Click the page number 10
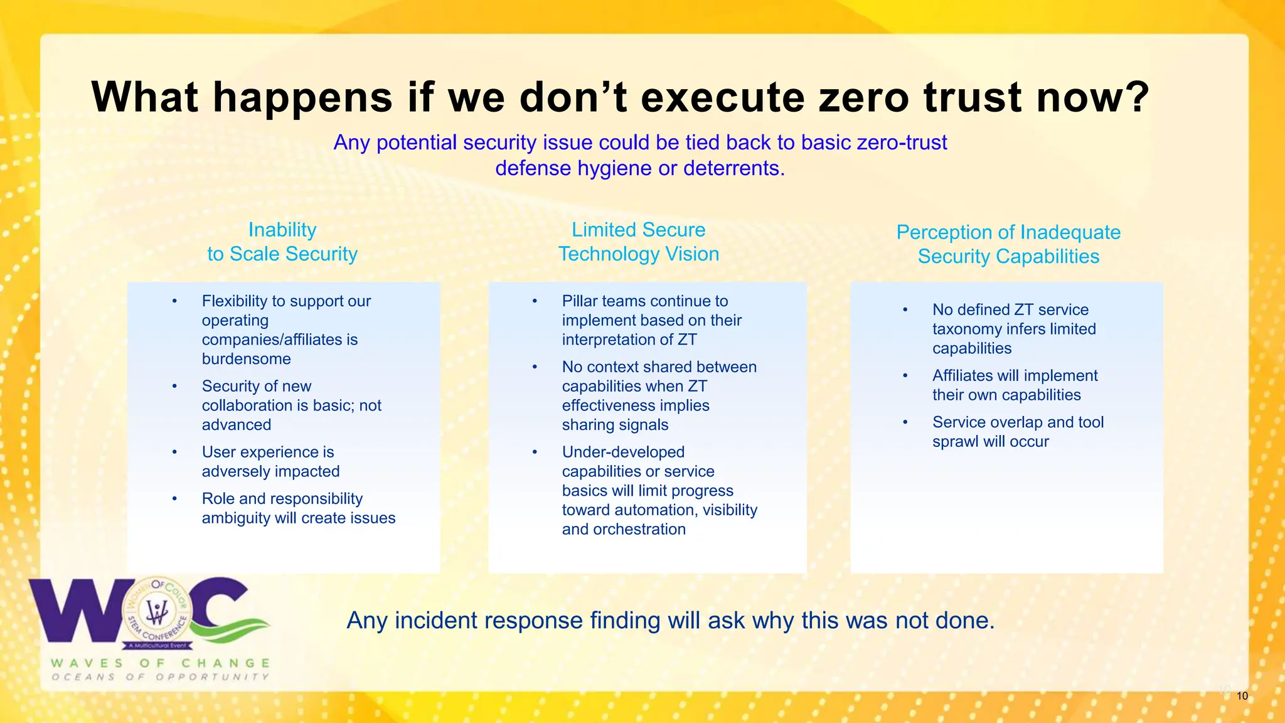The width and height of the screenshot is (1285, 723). click(x=1242, y=696)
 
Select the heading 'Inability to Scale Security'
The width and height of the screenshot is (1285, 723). click(x=282, y=242)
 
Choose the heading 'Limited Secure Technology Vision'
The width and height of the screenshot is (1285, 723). click(x=638, y=242)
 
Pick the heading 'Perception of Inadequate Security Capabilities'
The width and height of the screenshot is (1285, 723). click(x=1008, y=244)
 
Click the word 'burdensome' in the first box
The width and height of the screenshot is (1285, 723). click(x=246, y=359)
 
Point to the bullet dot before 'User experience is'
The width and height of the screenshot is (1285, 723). click(x=174, y=452)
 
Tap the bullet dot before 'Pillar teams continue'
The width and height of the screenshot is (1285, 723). click(x=535, y=301)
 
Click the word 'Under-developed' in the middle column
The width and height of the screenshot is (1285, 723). click(x=623, y=452)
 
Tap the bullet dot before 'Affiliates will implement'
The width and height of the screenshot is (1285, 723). click(x=905, y=376)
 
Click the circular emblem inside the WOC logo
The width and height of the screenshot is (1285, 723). click(x=157, y=612)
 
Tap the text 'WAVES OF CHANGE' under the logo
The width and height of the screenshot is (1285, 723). click(x=160, y=663)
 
